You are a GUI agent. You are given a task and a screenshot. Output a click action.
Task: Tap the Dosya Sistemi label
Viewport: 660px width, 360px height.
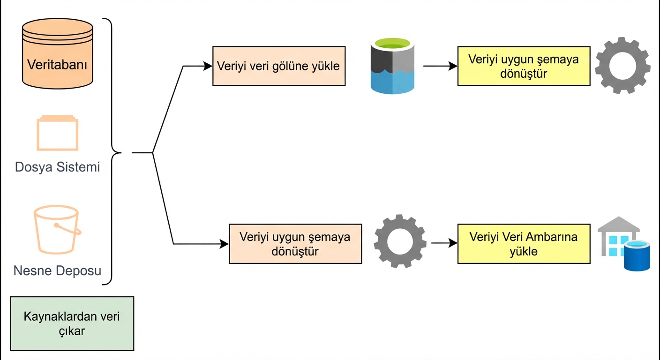coord(57,167)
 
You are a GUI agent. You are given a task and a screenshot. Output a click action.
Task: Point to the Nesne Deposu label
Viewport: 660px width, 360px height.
coord(57,270)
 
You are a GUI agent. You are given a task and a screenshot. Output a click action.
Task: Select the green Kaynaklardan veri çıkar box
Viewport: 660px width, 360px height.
coord(72,323)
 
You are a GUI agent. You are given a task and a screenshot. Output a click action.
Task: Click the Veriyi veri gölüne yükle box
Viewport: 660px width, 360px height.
coord(278,66)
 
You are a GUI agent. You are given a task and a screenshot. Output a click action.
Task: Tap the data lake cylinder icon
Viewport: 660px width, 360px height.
coord(393,66)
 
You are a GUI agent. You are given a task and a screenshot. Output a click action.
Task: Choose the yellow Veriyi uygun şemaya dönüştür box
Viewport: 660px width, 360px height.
coord(524,66)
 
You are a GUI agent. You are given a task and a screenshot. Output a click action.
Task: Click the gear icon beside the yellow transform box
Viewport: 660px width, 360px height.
coord(622,66)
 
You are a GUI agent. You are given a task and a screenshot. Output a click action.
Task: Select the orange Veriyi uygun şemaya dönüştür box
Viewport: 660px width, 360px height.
coord(295,244)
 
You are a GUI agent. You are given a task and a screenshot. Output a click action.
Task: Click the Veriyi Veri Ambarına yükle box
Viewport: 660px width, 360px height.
coord(524,244)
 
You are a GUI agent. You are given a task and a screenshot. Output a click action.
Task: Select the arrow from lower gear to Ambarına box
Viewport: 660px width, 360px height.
coord(443,243)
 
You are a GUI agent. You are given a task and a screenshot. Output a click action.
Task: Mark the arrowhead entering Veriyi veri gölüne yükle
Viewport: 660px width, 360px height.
coord(208,66)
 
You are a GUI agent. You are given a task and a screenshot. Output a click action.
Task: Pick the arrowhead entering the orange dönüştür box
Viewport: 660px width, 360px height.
coord(225,244)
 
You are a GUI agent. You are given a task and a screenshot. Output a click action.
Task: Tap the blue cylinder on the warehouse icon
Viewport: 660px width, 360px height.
coord(637,255)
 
